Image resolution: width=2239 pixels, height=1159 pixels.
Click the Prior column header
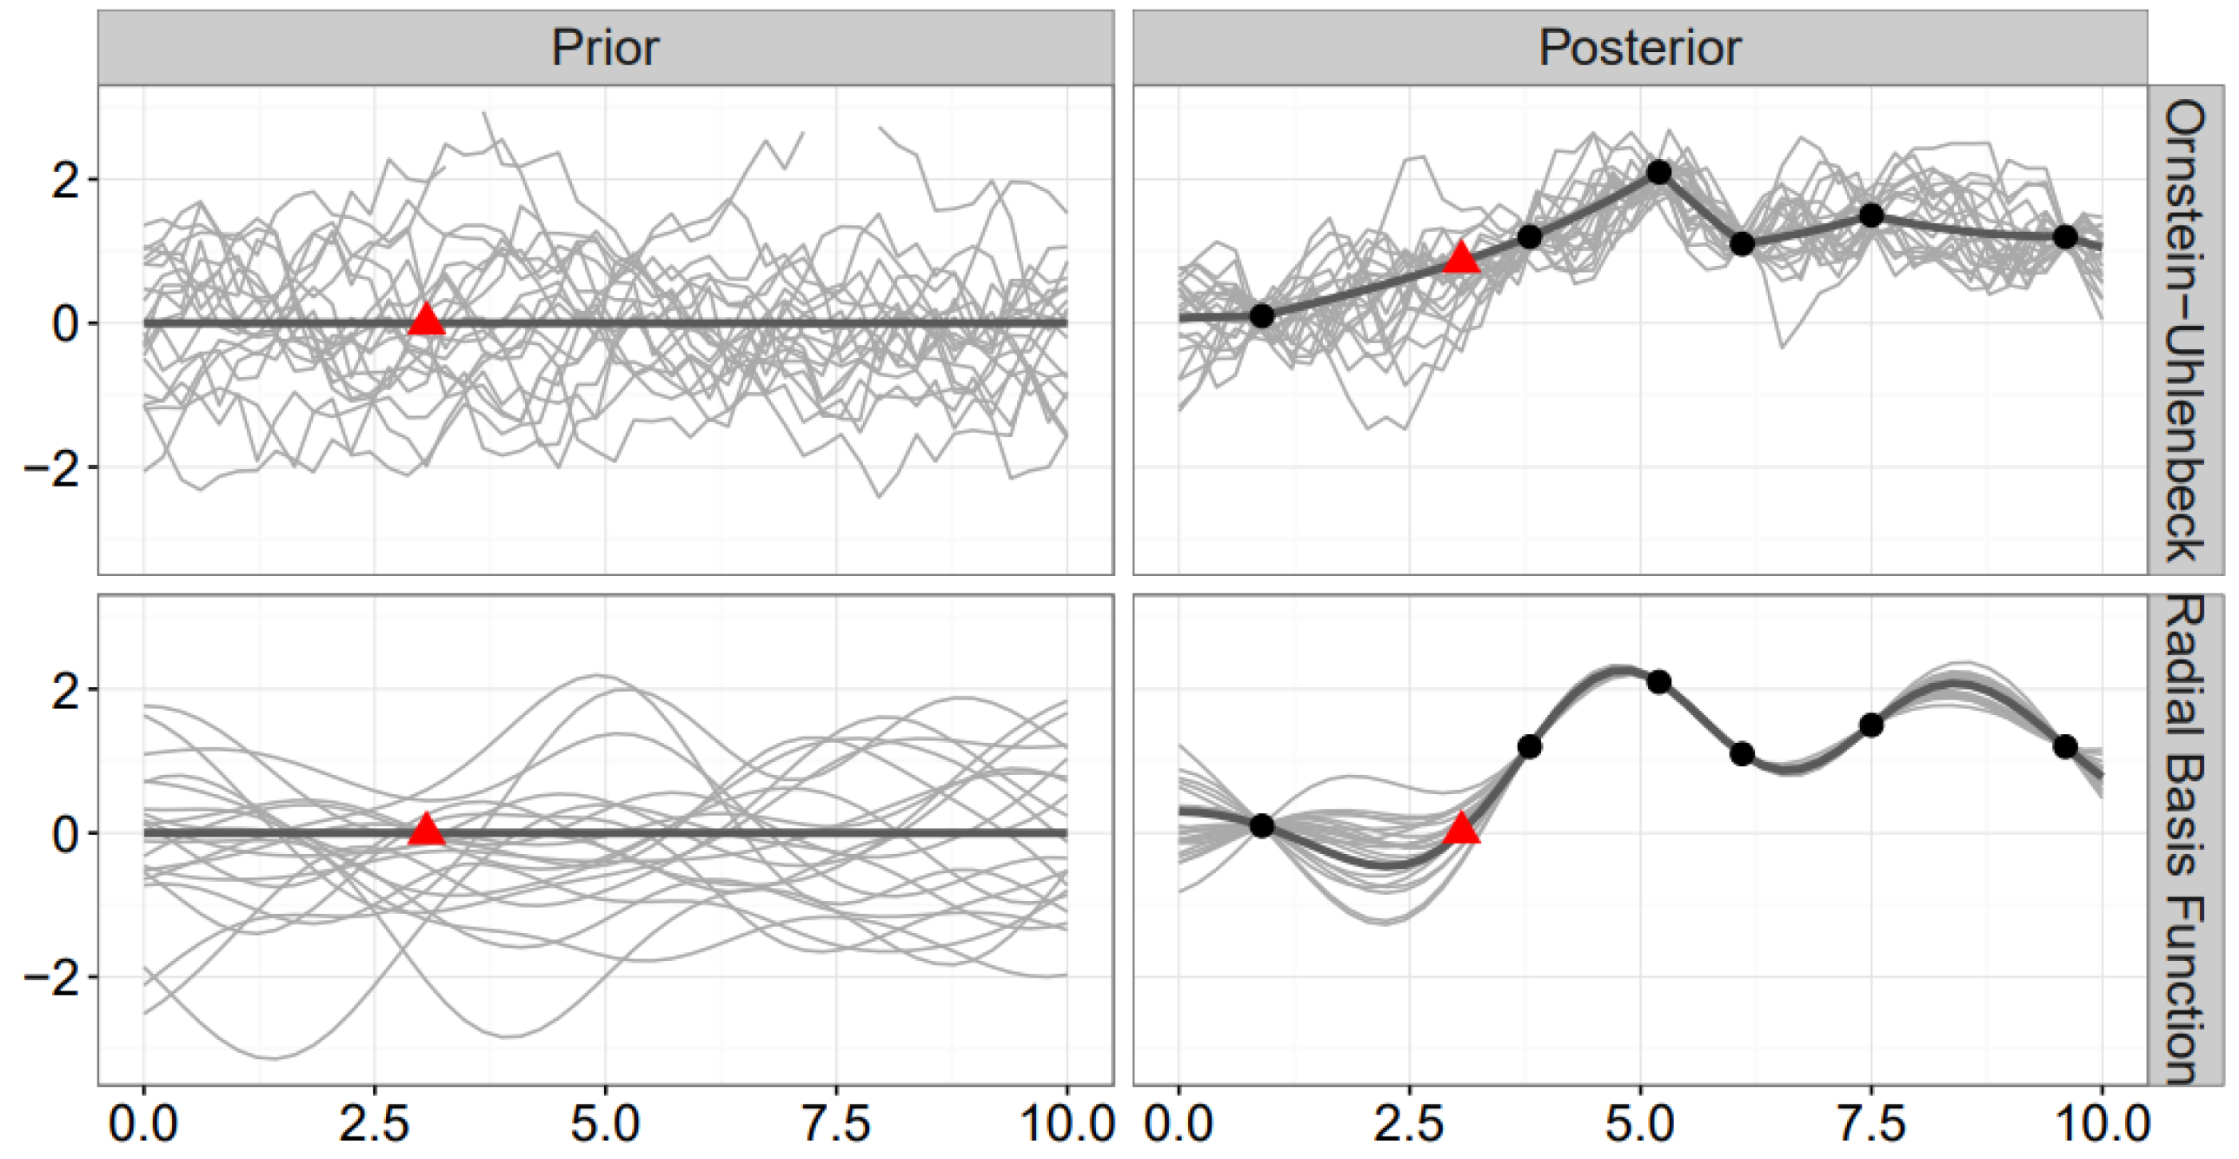605,48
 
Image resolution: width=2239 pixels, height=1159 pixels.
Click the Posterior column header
1639,48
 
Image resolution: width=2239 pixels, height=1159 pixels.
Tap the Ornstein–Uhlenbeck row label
2185,330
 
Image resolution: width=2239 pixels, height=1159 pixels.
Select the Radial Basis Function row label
2185,839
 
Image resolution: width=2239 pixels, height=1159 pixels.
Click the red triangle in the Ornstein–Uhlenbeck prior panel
426,321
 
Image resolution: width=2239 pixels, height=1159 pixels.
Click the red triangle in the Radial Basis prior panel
426,831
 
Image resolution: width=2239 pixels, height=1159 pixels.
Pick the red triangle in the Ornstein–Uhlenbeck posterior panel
1461,258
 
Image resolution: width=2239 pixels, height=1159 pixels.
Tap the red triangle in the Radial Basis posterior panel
1461,830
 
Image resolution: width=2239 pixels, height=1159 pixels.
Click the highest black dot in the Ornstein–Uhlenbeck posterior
1659,172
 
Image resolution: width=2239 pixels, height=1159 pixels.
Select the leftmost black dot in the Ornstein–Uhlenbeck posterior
1262,316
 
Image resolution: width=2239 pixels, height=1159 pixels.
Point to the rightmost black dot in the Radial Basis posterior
2066,747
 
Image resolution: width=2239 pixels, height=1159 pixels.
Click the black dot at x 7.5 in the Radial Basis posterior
1871,725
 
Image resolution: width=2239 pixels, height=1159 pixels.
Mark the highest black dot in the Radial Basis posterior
1659,682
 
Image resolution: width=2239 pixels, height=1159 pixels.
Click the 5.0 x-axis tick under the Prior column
605,1124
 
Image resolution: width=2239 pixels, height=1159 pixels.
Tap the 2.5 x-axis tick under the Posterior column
1408,1124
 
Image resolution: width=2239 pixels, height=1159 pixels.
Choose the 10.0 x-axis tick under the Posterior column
2102,1124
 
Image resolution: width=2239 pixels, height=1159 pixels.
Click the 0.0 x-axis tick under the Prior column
143,1124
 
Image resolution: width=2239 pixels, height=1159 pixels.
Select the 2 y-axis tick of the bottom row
65,690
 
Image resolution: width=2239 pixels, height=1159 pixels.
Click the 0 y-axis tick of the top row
65,324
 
